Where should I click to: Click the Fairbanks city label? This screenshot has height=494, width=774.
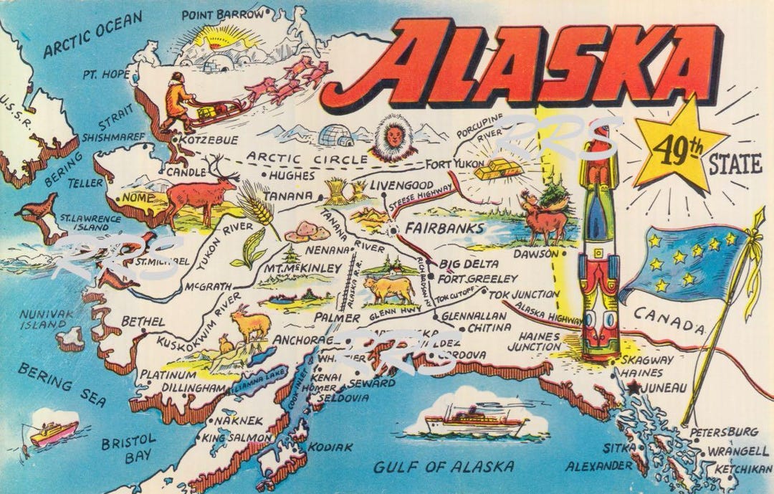tap(445, 229)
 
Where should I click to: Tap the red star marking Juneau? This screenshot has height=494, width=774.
tap(633, 387)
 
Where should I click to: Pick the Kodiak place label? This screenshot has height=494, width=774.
tap(330, 447)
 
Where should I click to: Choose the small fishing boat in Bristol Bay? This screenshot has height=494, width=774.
tap(54, 432)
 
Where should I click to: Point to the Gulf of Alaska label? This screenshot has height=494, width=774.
tap(443, 467)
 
